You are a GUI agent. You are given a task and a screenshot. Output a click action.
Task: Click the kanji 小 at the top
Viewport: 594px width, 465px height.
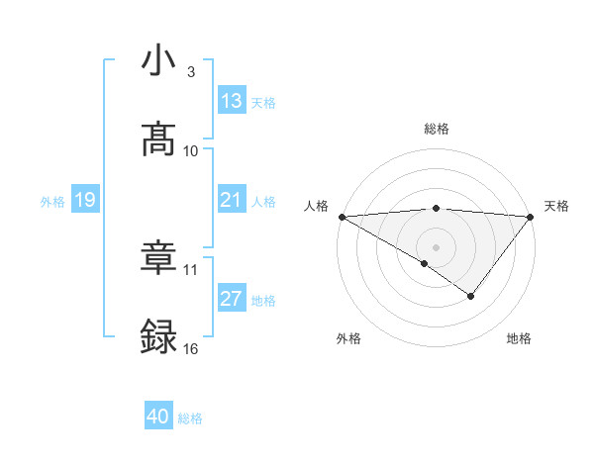[x=158, y=60]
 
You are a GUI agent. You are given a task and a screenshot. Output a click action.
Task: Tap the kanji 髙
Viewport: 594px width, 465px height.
[x=158, y=139]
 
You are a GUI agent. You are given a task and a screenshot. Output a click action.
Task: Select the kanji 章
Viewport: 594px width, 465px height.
[x=158, y=257]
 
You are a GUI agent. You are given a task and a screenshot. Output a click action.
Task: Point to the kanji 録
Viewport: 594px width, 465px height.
[x=158, y=336]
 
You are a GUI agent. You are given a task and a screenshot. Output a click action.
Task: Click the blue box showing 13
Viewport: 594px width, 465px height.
[x=232, y=101]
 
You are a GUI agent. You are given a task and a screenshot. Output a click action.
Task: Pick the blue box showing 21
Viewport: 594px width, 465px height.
[x=232, y=200]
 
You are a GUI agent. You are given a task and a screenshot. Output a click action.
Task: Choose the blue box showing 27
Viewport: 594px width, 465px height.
[x=232, y=299]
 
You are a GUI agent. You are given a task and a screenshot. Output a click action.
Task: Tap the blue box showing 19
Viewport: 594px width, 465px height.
[x=85, y=200]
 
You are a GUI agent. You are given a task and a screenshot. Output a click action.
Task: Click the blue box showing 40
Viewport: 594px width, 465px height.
[x=158, y=417]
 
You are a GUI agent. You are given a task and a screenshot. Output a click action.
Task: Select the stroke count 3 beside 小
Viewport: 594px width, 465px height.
[x=190, y=72]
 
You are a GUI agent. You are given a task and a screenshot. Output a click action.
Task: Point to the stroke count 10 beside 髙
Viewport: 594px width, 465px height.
[x=191, y=151]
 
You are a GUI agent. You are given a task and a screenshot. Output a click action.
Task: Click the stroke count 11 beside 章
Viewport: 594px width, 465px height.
[x=191, y=269]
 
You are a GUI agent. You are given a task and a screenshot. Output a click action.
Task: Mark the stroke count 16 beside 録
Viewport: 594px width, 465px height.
[x=191, y=349]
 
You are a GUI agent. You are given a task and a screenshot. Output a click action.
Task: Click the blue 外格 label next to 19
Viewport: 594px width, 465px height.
[x=52, y=201]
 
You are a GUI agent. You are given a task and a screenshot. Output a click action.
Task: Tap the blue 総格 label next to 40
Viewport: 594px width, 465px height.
[x=190, y=418]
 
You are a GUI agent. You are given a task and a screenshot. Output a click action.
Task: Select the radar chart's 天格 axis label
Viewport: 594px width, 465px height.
[x=556, y=206]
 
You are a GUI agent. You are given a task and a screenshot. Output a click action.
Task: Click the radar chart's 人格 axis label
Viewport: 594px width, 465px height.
[x=315, y=206]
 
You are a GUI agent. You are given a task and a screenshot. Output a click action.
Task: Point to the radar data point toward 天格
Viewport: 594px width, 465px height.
[x=531, y=216]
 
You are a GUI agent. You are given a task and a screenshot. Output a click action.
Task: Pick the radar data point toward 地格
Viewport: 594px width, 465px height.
[x=471, y=296]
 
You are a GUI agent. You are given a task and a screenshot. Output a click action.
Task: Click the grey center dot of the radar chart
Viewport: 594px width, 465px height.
[x=436, y=246]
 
